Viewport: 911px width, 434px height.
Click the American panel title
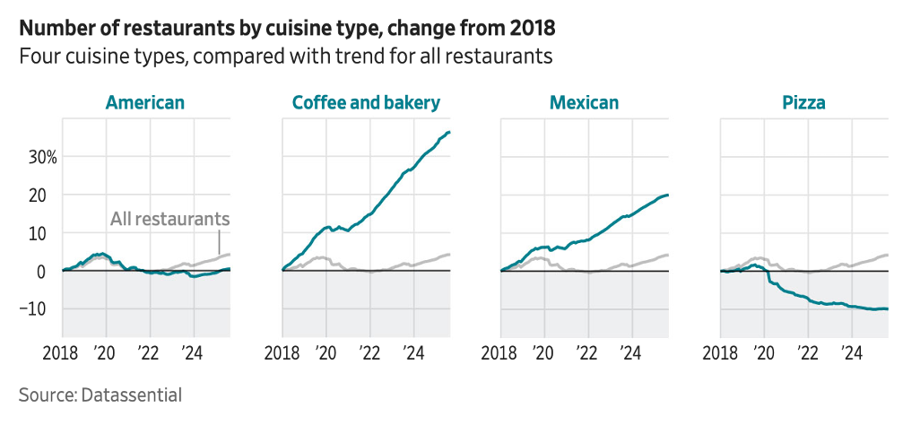tap(145, 102)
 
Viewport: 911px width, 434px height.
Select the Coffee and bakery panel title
tap(366, 102)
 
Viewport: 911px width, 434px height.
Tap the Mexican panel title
tap(584, 102)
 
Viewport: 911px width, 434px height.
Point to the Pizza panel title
tap(803, 102)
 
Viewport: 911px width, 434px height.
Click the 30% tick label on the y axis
tap(41, 157)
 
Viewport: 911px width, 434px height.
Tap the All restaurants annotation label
tap(170, 218)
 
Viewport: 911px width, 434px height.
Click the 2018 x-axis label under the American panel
tap(63, 352)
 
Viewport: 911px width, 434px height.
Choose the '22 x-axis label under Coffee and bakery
tap(368, 352)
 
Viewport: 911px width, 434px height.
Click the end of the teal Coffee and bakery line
tap(449, 132)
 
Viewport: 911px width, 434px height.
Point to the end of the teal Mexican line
tap(668, 195)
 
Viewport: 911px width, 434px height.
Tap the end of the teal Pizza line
tap(888, 309)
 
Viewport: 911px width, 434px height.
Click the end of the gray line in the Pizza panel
tap(888, 255)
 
